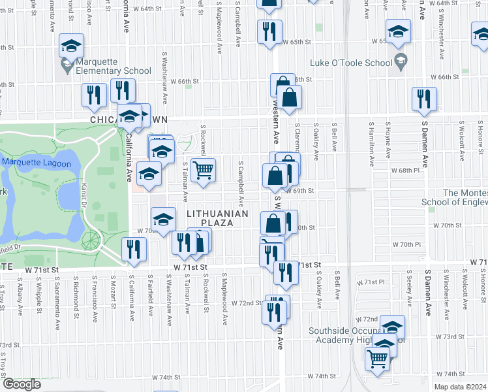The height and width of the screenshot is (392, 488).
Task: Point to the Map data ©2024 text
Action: pyautogui.click(x=460, y=387)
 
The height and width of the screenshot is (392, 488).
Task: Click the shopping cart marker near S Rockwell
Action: pyautogui.click(x=204, y=170)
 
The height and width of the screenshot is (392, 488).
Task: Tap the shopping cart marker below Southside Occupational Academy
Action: pyautogui.click(x=378, y=357)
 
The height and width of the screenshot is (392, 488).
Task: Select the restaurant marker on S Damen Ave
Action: pyautogui.click(x=424, y=99)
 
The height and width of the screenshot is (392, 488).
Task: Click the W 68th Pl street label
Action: pyautogui.click(x=408, y=170)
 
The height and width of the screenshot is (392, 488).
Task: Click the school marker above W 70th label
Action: pyautogui.click(x=163, y=218)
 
